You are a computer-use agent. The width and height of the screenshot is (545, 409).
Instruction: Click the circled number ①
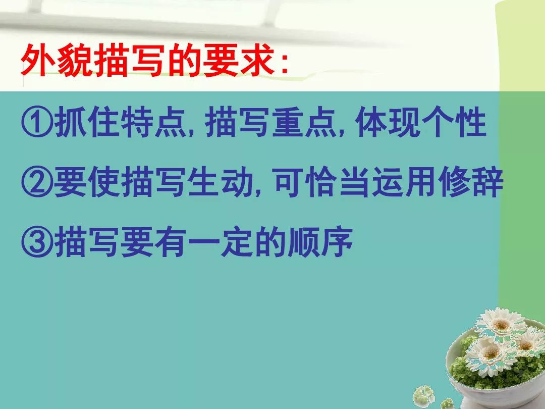click(x=37, y=122)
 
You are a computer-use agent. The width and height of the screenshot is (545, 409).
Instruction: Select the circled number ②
click(x=37, y=182)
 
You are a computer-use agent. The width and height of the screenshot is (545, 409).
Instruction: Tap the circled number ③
click(x=37, y=242)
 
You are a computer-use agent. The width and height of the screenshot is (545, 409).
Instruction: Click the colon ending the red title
click(x=285, y=64)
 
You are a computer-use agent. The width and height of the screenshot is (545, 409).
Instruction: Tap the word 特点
click(x=152, y=122)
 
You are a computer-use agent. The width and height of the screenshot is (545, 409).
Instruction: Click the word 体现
click(x=388, y=122)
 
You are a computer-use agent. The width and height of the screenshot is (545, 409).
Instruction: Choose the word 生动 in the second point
click(x=219, y=182)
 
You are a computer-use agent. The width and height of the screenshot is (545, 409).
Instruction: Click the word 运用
click(x=404, y=182)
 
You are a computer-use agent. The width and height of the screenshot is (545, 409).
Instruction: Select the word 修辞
click(x=470, y=182)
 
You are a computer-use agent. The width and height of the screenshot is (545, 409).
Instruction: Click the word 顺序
click(x=320, y=242)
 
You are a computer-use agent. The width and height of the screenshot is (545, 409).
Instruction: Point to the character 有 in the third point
click(x=169, y=242)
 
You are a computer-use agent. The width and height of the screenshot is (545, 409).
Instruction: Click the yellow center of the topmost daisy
click(x=501, y=325)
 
